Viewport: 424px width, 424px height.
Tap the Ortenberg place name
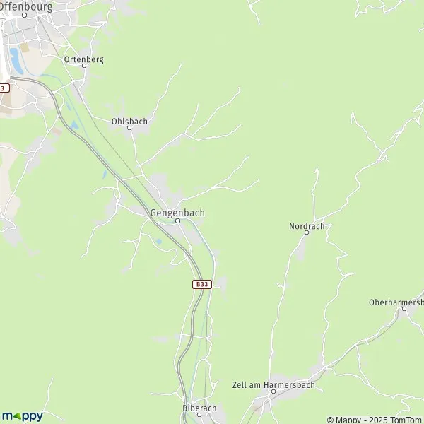coord(83,59)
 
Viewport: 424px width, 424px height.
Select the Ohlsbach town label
coord(129,121)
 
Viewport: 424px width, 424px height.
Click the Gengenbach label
coord(177,211)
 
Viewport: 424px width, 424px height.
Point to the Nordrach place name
coord(306,226)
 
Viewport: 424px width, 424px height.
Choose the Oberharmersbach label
coord(396,302)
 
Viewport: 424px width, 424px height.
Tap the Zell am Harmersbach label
coord(273,385)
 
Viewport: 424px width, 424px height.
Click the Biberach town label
coord(199,408)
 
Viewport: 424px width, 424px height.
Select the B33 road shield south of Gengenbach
coord(201,284)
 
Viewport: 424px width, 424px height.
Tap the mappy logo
coord(22,415)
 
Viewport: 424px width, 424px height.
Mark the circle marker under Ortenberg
coord(83,65)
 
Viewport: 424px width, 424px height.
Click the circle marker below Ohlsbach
coord(129,128)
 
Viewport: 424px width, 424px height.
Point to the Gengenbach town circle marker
coord(178,220)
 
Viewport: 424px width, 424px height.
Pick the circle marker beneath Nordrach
coord(306,232)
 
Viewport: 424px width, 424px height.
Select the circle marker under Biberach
coord(199,415)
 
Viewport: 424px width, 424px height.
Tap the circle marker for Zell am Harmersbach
coord(264,391)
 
